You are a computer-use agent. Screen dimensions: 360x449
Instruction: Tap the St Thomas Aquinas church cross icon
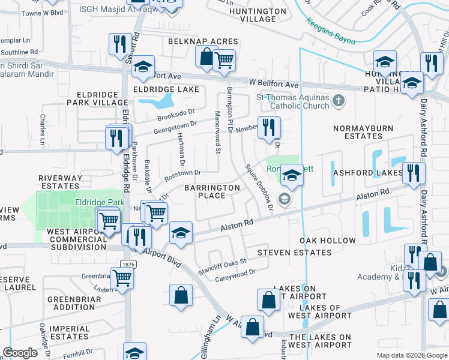[x=339, y=101]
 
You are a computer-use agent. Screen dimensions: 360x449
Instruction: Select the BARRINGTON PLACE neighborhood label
[x=212, y=191]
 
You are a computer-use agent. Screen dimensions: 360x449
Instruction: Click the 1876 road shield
[x=128, y=264]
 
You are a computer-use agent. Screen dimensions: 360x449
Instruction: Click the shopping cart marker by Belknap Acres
[x=224, y=59]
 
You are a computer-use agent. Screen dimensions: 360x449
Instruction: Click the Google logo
[x=20, y=353]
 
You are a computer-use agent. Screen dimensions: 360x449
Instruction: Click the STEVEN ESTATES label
[x=294, y=253]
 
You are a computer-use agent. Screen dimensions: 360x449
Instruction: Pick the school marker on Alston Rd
[x=180, y=233]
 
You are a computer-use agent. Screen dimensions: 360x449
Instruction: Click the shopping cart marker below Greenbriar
[x=122, y=278]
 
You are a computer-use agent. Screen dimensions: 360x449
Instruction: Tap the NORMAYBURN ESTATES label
[x=356, y=132]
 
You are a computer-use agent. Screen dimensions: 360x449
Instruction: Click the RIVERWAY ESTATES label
[x=60, y=182]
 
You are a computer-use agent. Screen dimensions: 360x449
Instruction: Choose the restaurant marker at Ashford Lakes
[x=413, y=173]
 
